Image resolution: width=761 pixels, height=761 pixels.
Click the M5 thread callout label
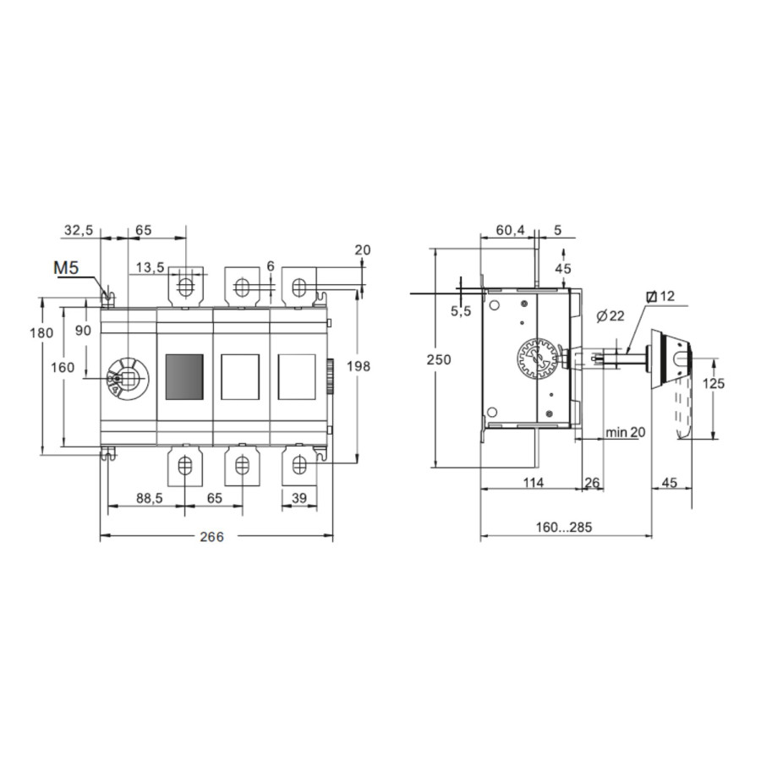67,267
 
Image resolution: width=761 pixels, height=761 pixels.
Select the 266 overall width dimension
212,536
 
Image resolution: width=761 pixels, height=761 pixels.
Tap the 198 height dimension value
359,366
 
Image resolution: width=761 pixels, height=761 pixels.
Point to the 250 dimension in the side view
439,359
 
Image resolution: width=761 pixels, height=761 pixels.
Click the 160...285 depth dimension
564,527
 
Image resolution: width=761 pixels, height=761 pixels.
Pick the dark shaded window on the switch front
184,377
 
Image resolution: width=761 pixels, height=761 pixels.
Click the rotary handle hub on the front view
128,380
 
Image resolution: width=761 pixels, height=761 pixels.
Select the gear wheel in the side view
537,359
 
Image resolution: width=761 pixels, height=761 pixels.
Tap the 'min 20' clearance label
626,431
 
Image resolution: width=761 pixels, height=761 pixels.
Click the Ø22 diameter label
610,316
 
